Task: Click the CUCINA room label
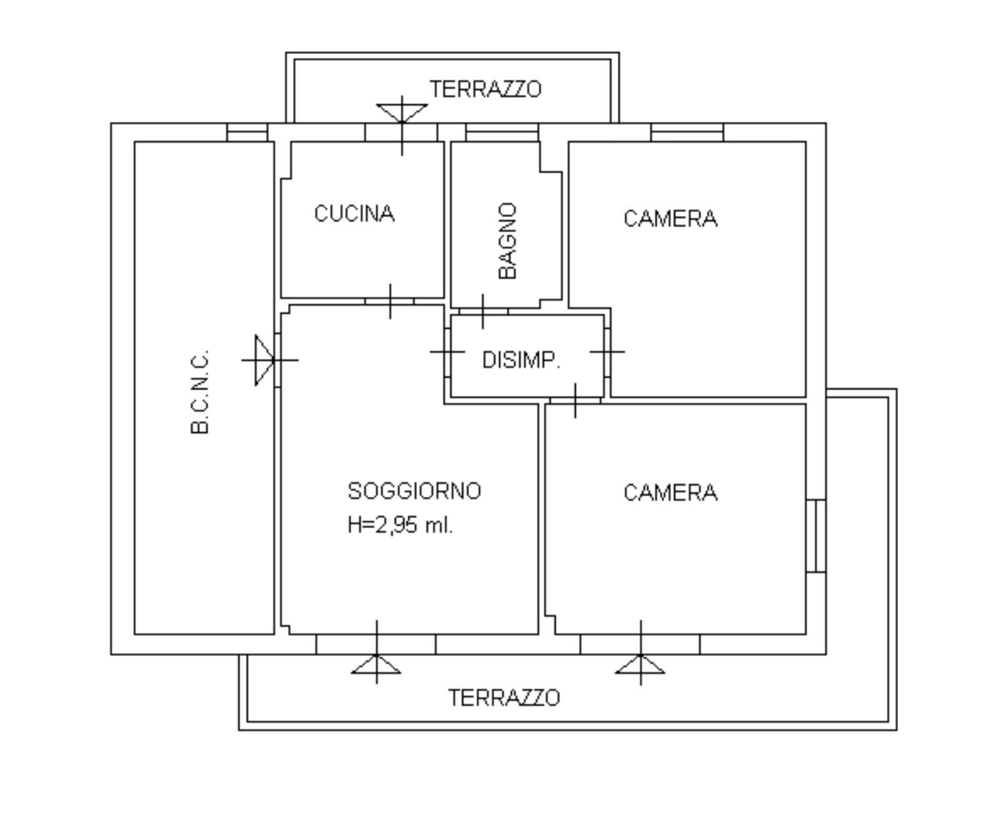pos(354,214)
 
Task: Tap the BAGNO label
pos(508,241)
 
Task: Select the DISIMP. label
pos(521,360)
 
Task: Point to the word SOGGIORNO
pos(414,491)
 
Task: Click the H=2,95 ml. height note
pos(400,525)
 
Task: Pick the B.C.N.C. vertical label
pos(199,392)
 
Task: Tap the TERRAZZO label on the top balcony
pos(486,89)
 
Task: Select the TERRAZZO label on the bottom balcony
pos(504,698)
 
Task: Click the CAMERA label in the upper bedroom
pos(670,219)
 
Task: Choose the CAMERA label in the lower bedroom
pos(670,493)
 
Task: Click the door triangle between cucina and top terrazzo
pos(402,113)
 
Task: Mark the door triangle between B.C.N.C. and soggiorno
pos(264,360)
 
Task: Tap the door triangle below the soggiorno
pos(376,664)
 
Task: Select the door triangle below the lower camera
pos(641,664)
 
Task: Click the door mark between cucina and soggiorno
pos(390,301)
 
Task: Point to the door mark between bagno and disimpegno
pos(483,311)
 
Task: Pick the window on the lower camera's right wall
pos(816,535)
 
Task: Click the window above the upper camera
pos(687,132)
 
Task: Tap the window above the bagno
pos(502,132)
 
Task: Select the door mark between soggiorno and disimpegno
pos(447,352)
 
